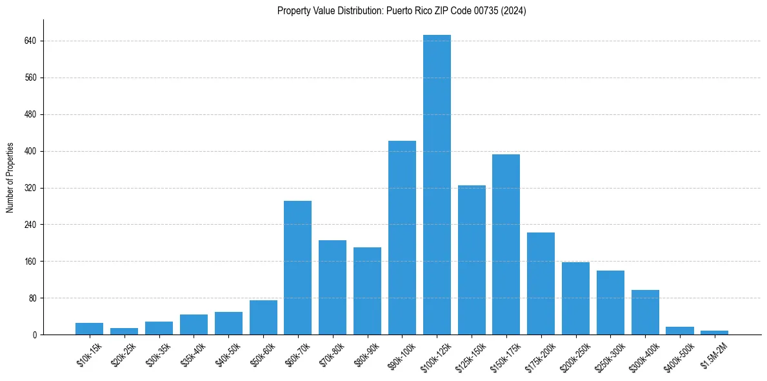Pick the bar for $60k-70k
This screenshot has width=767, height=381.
[298, 267]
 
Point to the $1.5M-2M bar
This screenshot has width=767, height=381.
[714, 333]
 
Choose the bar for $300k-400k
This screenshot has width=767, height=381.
[645, 313]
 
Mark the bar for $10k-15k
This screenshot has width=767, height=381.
[89, 329]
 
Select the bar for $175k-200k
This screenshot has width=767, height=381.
[541, 283]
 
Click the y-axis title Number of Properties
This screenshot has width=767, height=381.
[10, 178]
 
